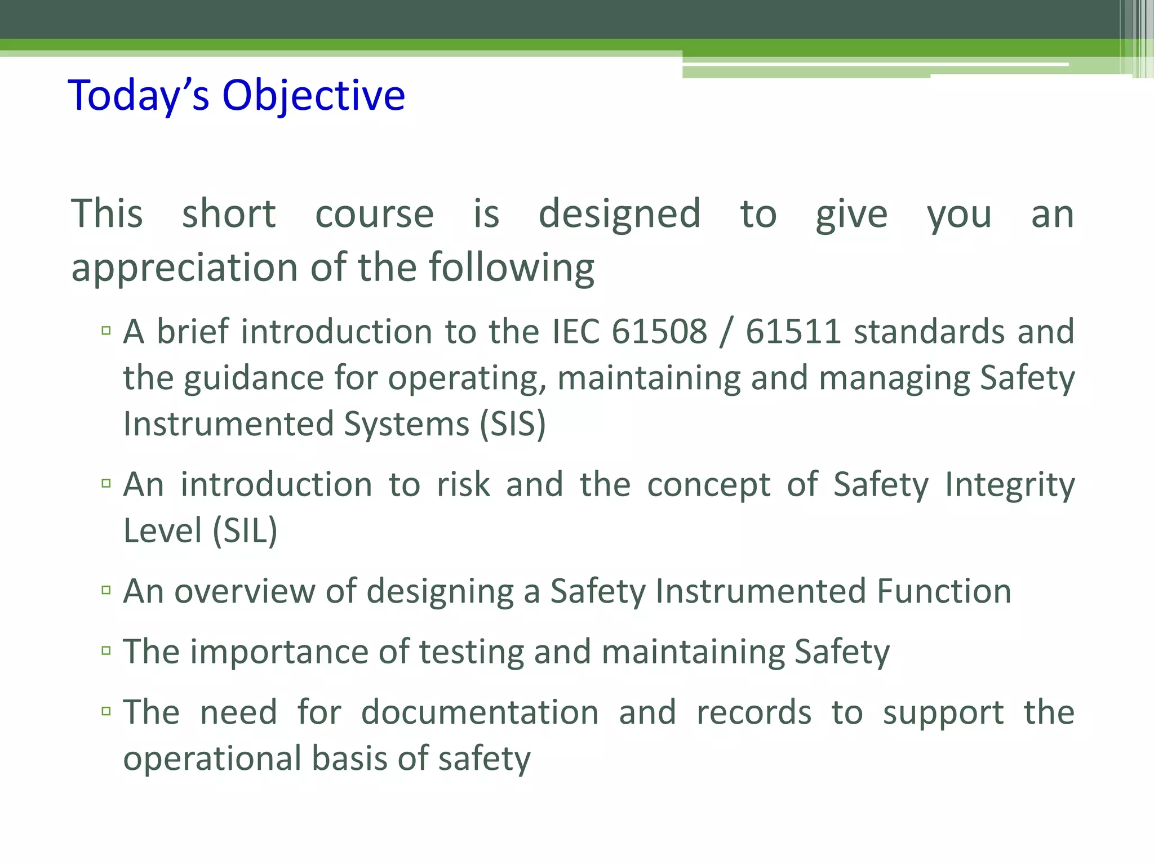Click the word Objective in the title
(313, 96)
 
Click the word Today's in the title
(139, 96)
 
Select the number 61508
(659, 331)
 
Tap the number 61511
(793, 331)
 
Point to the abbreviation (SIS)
(512, 423)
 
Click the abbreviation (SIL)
(245, 530)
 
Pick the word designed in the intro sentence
(619, 214)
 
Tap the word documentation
(480, 712)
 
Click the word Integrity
(1010, 484)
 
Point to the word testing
(471, 652)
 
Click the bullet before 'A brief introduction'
(106, 330)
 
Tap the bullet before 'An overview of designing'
(106, 590)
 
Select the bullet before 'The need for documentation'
(106, 711)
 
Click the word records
(754, 712)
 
